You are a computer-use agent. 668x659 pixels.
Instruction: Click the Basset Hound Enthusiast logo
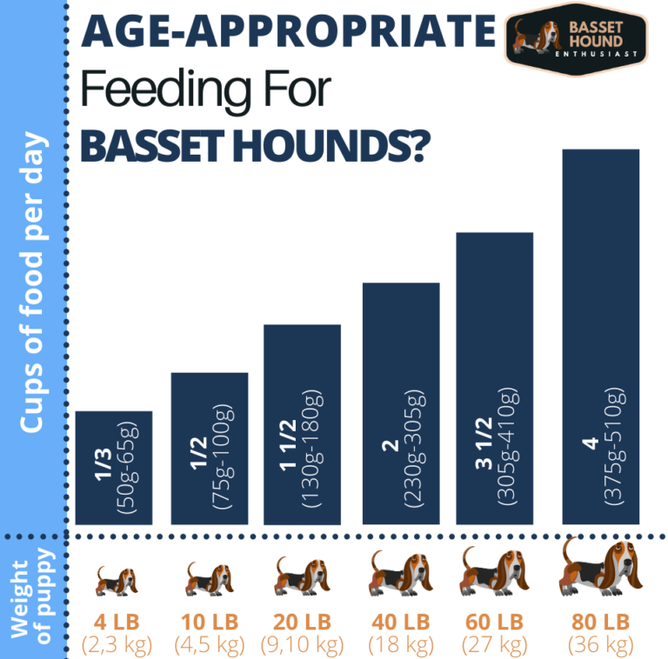(577, 38)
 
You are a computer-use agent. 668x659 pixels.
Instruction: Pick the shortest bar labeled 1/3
(114, 468)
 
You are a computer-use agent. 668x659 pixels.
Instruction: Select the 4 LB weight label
(114, 622)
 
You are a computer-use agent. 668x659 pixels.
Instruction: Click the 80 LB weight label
(599, 622)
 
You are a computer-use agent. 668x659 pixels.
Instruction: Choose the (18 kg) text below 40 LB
(399, 645)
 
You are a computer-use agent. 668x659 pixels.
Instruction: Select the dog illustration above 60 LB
(495, 574)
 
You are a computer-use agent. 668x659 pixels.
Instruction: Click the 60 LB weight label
(495, 622)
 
